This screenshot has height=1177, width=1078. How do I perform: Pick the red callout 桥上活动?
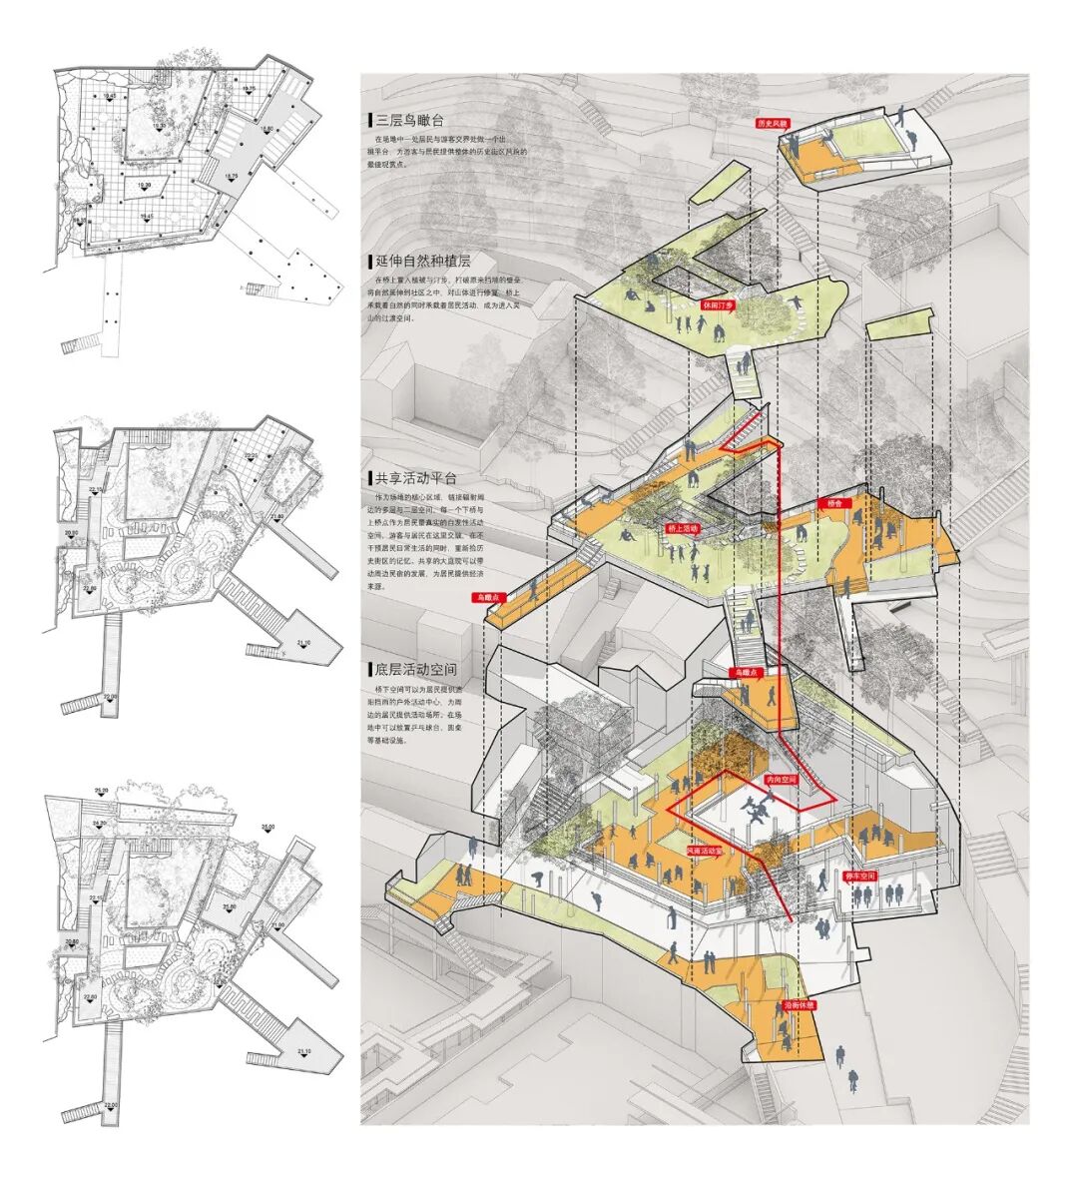click(x=683, y=527)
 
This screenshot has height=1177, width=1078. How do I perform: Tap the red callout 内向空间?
click(x=781, y=779)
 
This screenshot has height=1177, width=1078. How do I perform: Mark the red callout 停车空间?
click(x=859, y=876)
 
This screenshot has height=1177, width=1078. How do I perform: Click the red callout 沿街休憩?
click(x=797, y=1004)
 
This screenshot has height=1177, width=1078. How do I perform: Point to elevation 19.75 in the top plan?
click(x=249, y=90)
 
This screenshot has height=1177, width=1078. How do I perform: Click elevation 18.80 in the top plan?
click(x=267, y=130)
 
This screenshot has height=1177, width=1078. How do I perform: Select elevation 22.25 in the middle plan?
click(x=250, y=456)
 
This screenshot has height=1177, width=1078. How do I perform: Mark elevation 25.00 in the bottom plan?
click(x=268, y=827)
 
